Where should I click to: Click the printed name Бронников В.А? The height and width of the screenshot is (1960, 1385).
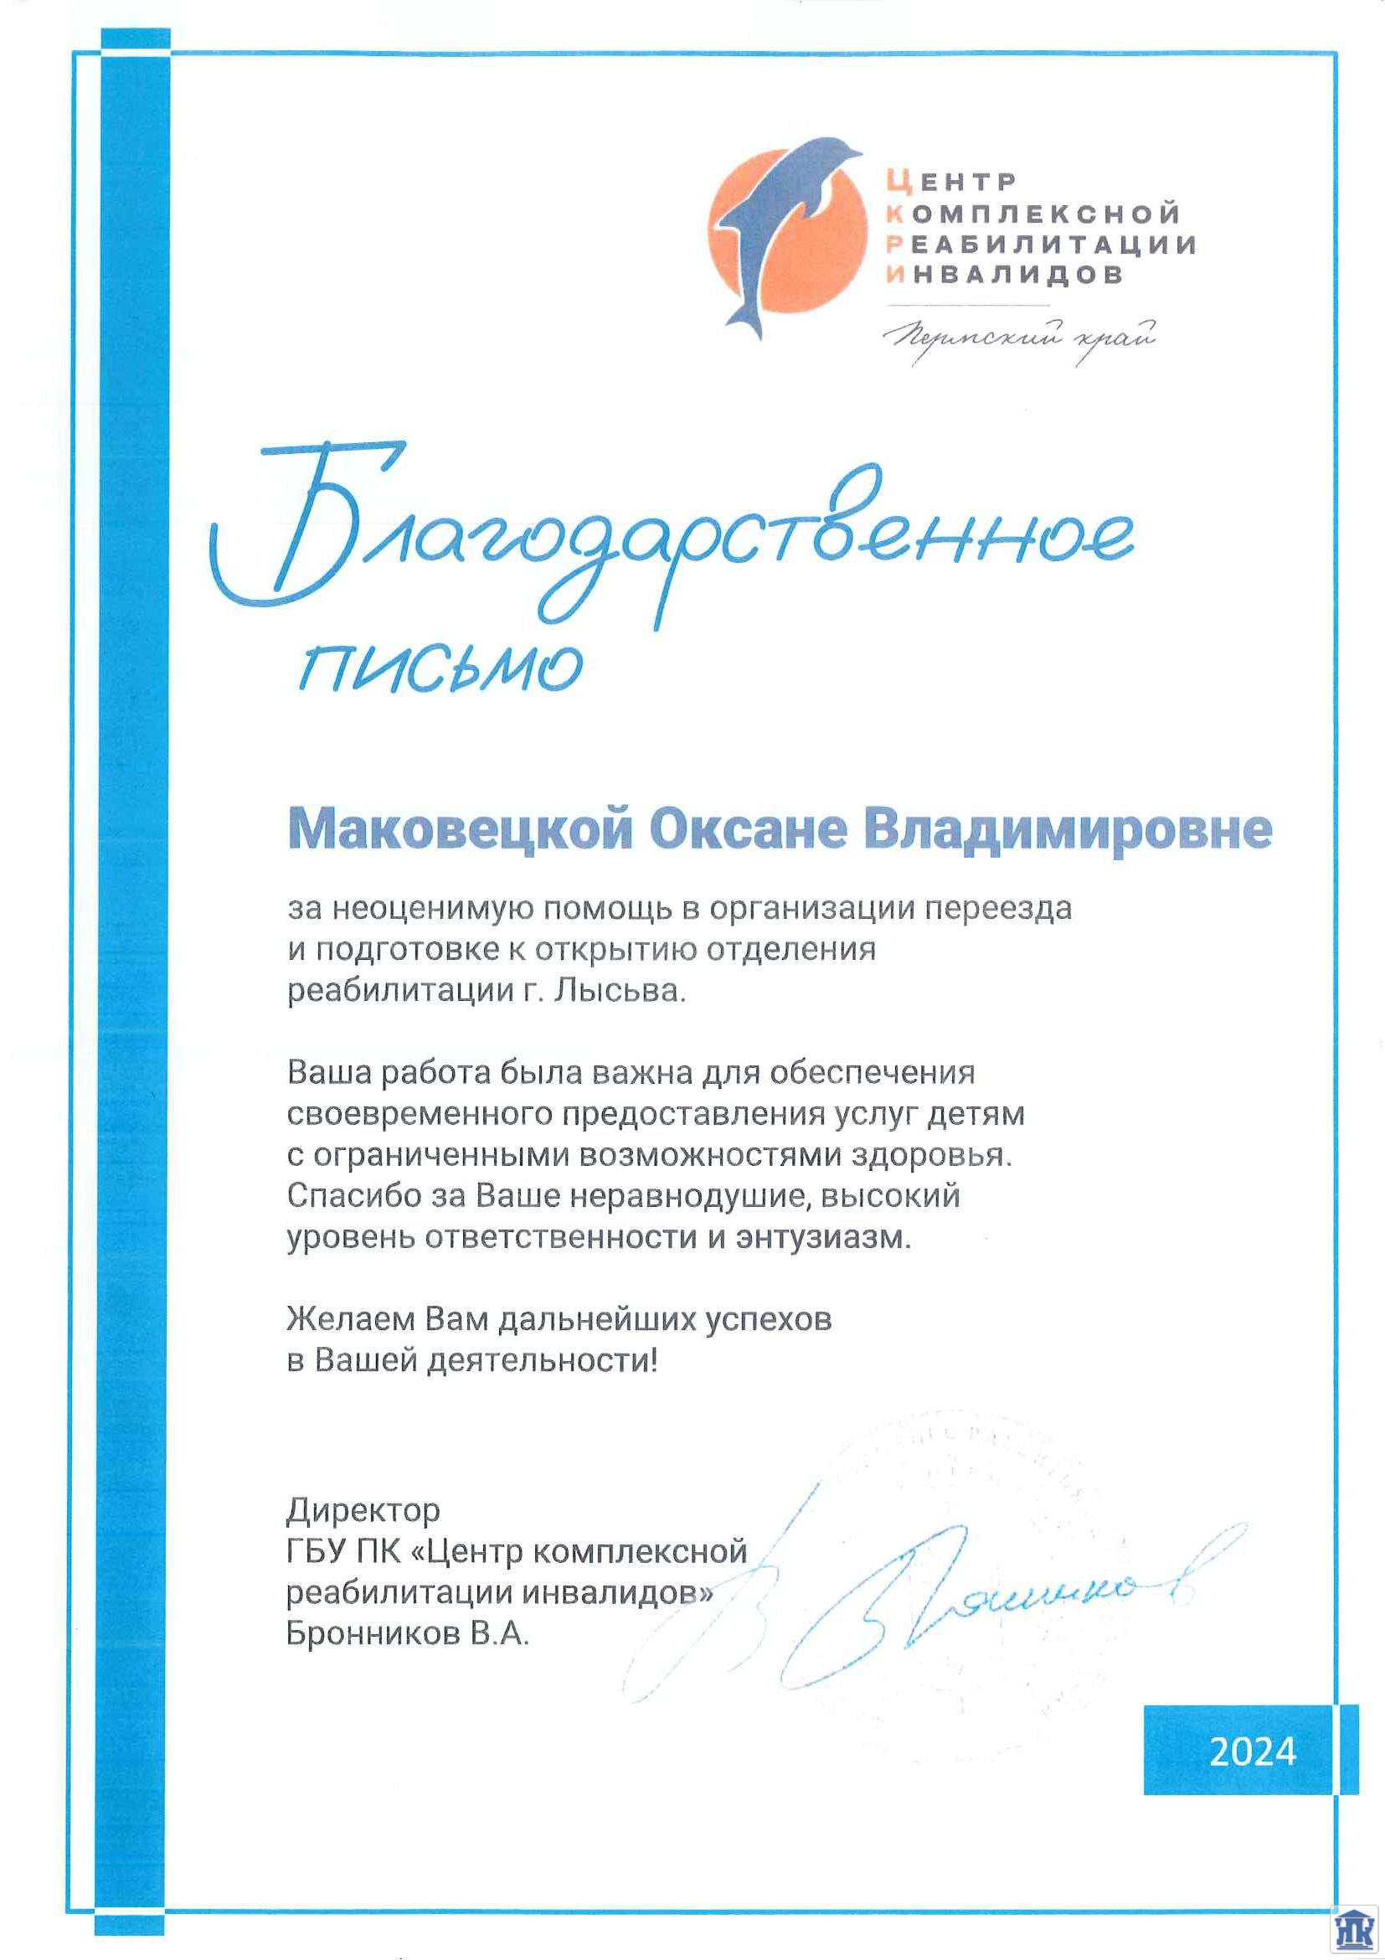[408, 1634]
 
